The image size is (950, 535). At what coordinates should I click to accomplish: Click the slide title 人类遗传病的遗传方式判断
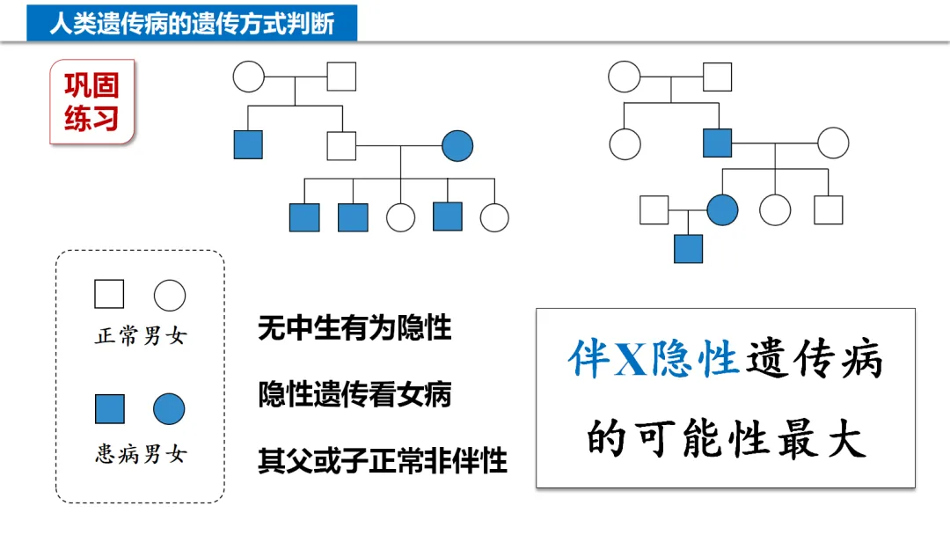click(x=192, y=23)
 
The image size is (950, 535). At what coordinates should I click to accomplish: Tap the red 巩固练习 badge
click(x=91, y=101)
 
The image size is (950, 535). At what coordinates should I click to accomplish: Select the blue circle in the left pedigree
click(x=457, y=144)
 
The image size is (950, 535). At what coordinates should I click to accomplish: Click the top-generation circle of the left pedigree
click(x=249, y=76)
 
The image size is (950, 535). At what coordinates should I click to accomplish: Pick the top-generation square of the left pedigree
click(x=341, y=76)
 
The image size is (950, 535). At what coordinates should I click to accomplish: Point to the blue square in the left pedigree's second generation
click(x=248, y=144)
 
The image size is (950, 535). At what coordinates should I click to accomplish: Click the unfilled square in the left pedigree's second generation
click(x=341, y=144)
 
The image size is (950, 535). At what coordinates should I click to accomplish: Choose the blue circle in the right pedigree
click(x=722, y=209)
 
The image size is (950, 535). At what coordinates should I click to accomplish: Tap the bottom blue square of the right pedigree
click(x=688, y=248)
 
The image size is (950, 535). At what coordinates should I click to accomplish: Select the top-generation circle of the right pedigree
click(x=624, y=77)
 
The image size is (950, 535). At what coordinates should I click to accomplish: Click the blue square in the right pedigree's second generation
click(x=717, y=143)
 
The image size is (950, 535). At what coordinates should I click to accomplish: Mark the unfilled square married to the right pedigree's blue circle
click(x=654, y=209)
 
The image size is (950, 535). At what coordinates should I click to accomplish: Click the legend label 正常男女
click(x=141, y=336)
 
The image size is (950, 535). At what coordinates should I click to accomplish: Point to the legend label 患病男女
click(x=141, y=454)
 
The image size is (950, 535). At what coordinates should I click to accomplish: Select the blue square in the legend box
click(x=110, y=409)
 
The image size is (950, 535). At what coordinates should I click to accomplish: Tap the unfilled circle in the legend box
click(x=170, y=296)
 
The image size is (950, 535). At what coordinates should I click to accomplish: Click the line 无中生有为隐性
click(x=354, y=328)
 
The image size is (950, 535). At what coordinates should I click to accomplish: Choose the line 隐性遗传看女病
click(x=354, y=394)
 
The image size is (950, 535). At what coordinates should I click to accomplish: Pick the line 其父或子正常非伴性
click(x=383, y=460)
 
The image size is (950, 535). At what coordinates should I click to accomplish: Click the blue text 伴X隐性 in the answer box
click(x=652, y=360)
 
